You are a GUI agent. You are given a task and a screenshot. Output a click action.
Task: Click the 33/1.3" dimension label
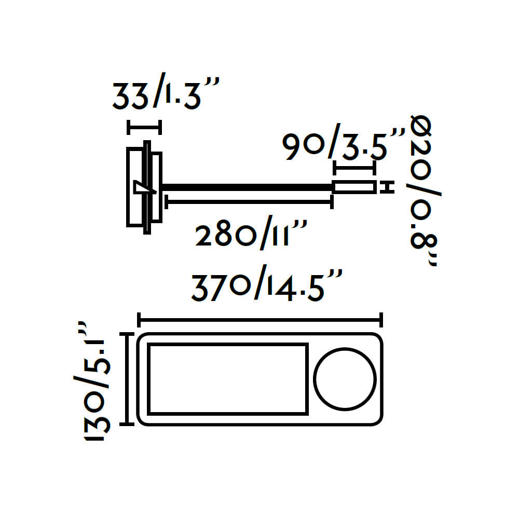pyautogui.click(x=166, y=93)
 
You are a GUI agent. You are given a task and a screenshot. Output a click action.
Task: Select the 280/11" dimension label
pyautogui.click(x=251, y=233)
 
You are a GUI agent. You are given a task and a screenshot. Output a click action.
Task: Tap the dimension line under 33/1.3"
pyautogui.click(x=144, y=127)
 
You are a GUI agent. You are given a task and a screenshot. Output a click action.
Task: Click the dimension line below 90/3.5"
pyautogui.click(x=354, y=168)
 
